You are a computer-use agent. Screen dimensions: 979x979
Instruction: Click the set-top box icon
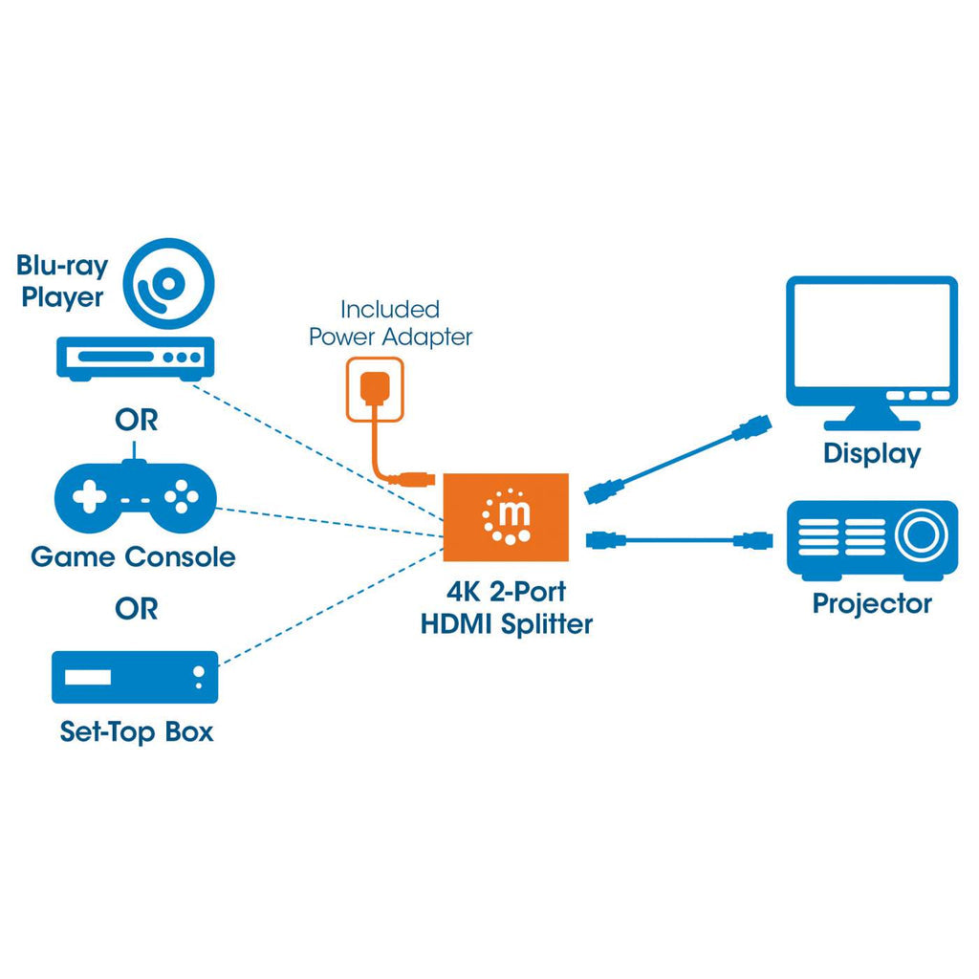135,678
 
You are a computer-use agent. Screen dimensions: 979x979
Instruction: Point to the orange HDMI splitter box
507,517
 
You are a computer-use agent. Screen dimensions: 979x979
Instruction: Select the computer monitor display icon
871,345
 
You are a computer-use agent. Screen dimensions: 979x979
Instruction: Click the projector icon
871,540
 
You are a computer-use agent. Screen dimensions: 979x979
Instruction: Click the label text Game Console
133,556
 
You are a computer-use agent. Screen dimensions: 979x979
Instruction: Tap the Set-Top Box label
137,733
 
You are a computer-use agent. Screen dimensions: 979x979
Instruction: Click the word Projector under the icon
871,604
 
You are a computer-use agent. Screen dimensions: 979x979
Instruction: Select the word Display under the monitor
871,454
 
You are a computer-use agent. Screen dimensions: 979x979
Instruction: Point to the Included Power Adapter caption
390,323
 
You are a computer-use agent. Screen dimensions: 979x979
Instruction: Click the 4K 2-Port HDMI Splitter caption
507,609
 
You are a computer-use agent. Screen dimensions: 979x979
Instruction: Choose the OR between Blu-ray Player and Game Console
137,420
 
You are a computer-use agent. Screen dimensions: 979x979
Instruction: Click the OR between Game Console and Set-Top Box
137,609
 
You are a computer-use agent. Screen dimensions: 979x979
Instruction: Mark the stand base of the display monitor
871,421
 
